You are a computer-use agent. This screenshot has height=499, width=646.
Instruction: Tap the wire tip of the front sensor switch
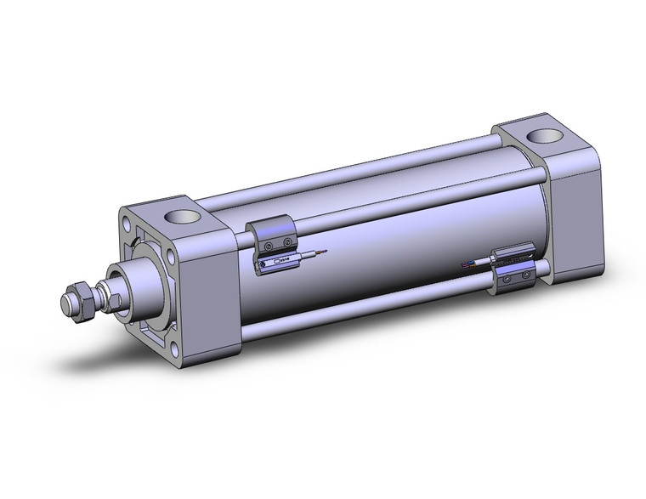pyautogui.click(x=321, y=252)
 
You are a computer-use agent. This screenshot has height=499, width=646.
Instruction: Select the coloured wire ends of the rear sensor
pyautogui.click(x=466, y=265)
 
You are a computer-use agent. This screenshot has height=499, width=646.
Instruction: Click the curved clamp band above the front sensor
pyautogui.click(x=271, y=230)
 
